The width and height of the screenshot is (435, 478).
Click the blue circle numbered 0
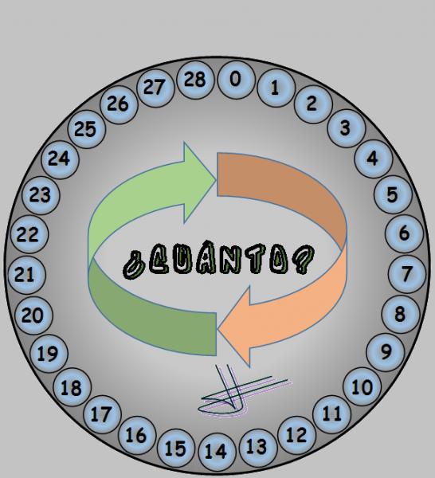point(236,80)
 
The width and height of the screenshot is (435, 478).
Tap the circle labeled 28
point(195,80)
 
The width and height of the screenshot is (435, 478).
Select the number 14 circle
point(217,452)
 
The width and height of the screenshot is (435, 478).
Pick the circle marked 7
point(406,274)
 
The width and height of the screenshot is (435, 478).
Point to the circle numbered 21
point(26,275)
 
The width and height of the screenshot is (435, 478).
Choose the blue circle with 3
point(346,128)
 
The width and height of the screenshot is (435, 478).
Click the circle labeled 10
point(362,386)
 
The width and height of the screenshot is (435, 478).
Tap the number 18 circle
point(72,387)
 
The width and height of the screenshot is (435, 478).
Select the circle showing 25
point(87,129)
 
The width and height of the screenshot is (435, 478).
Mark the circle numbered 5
point(393,195)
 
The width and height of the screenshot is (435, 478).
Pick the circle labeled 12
point(296,435)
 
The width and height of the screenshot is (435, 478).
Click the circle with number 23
point(41,195)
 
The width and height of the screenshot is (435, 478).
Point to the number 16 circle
point(137,435)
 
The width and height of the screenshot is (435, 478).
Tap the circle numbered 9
point(385,352)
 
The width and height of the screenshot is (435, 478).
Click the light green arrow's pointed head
point(216,181)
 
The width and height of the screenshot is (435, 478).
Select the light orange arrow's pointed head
point(218,329)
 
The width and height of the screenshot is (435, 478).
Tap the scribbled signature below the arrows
point(241,394)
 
